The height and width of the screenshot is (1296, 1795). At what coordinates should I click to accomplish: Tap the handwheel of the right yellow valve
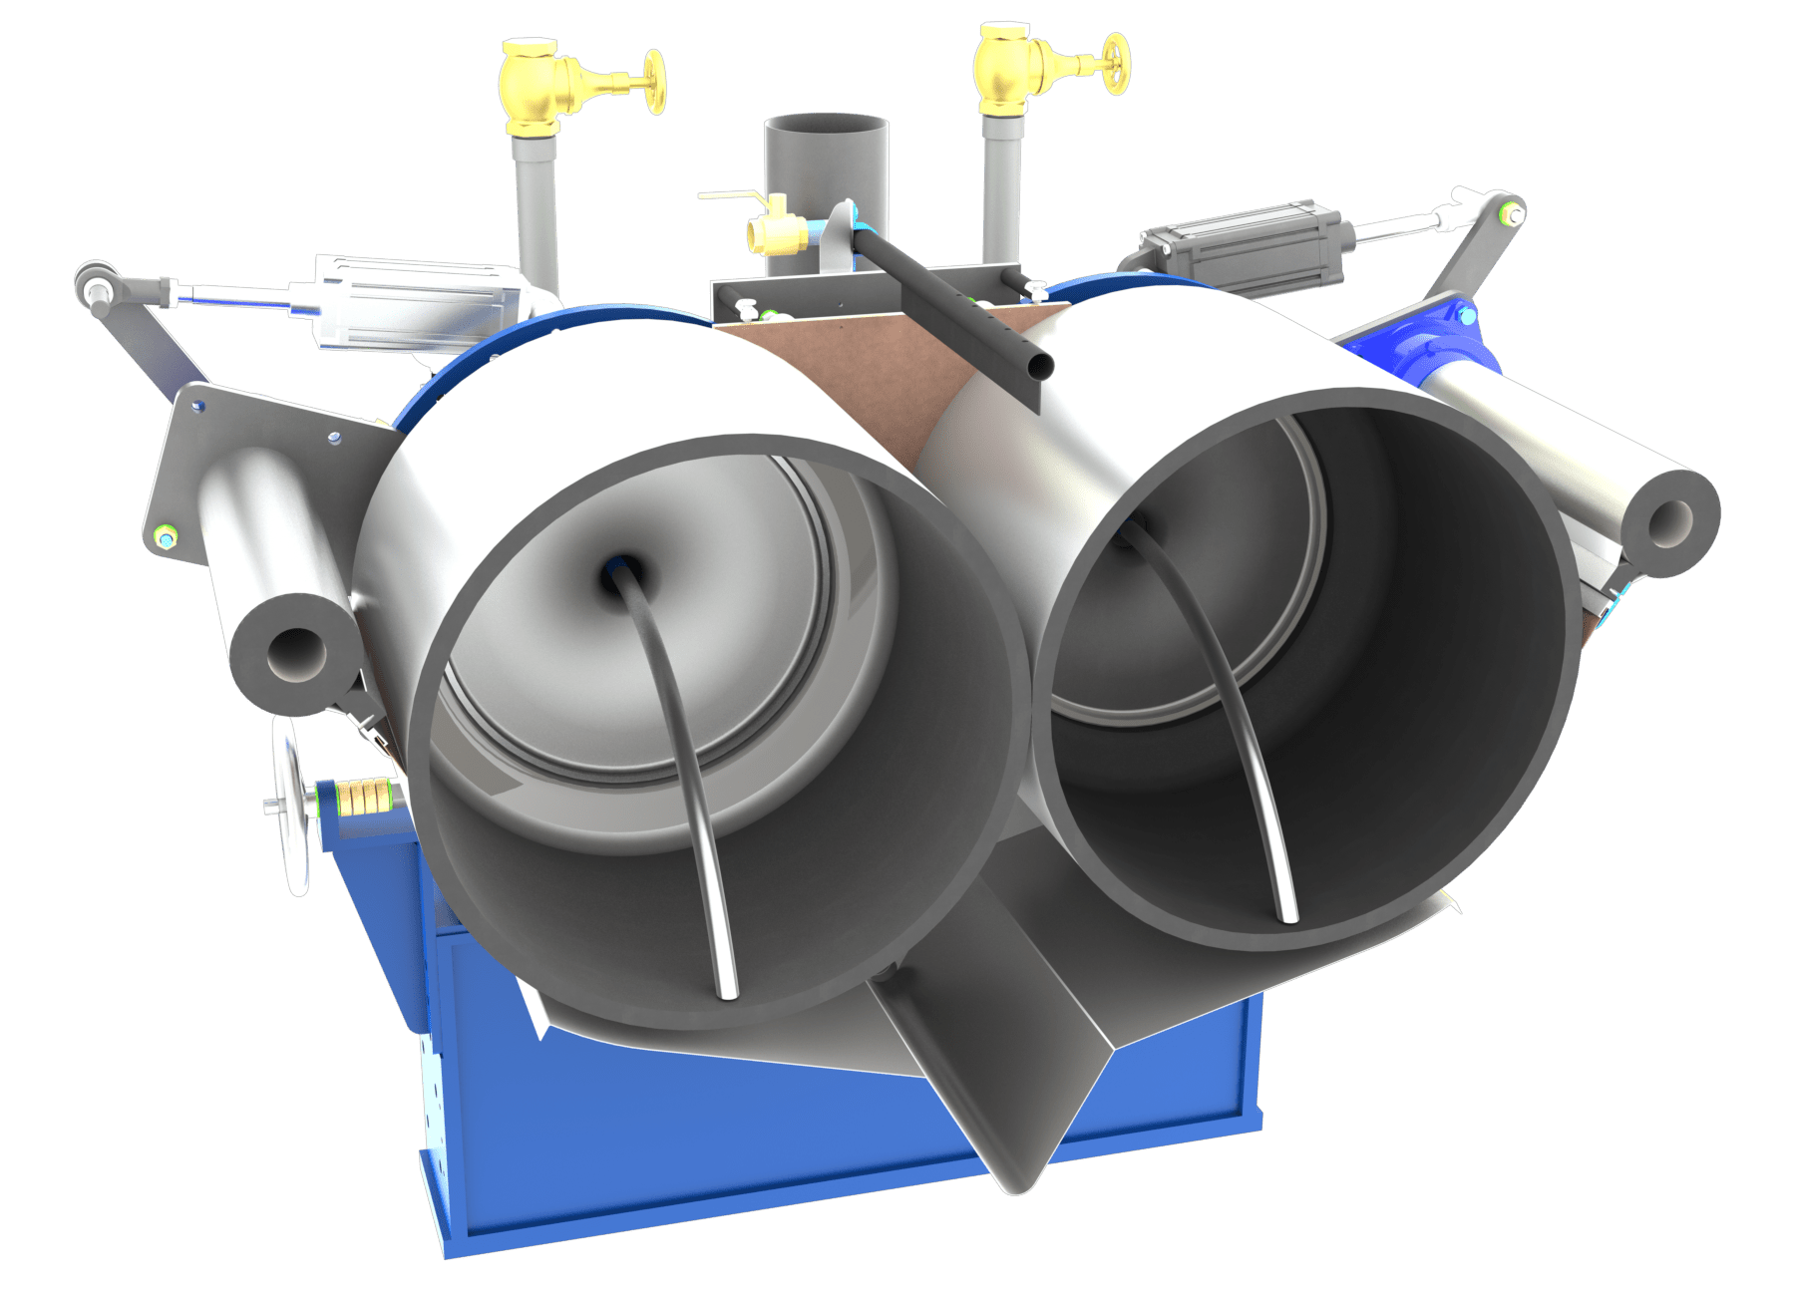(1117, 64)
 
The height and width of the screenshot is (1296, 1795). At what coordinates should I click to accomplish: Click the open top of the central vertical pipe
(826, 127)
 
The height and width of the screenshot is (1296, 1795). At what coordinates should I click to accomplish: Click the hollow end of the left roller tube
(292, 654)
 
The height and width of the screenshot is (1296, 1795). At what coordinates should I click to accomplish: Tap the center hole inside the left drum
(613, 575)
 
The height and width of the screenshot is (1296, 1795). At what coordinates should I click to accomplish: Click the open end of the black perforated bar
(1039, 367)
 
